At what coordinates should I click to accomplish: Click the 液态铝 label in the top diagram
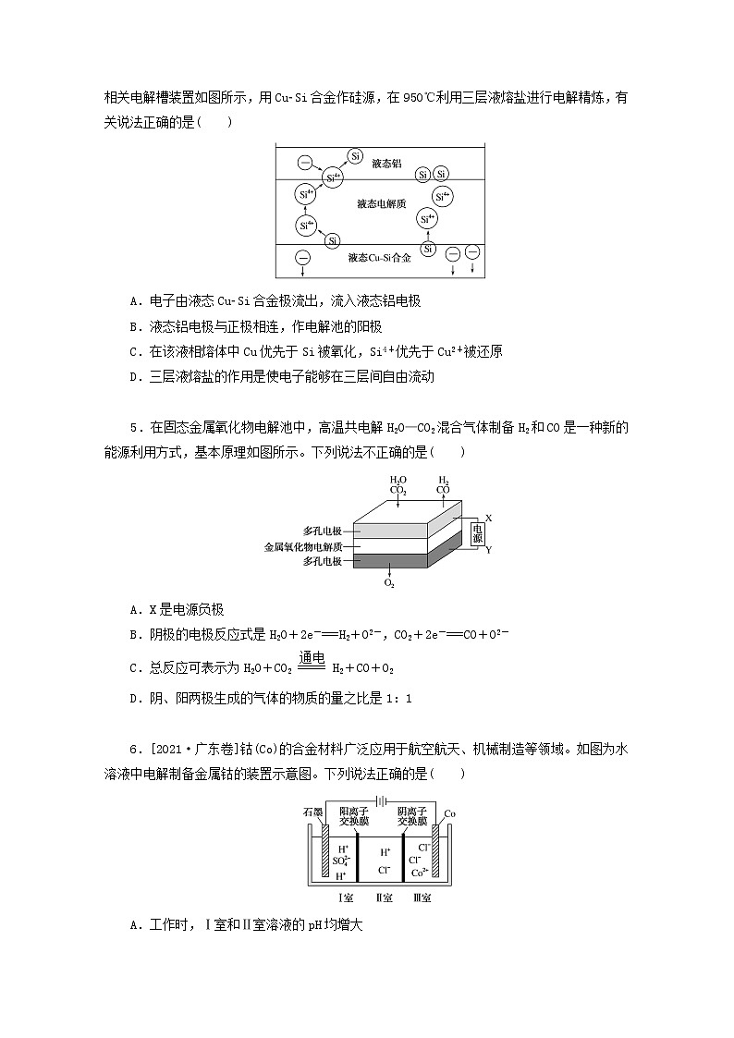point(386,163)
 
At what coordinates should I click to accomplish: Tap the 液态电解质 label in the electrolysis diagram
point(381,202)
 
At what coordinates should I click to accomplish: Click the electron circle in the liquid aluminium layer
point(305,164)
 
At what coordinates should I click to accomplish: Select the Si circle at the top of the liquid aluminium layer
point(355,156)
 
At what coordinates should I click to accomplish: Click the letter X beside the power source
point(488,517)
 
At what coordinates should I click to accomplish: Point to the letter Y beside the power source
point(488,549)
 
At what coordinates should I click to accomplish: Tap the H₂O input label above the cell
point(398,480)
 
